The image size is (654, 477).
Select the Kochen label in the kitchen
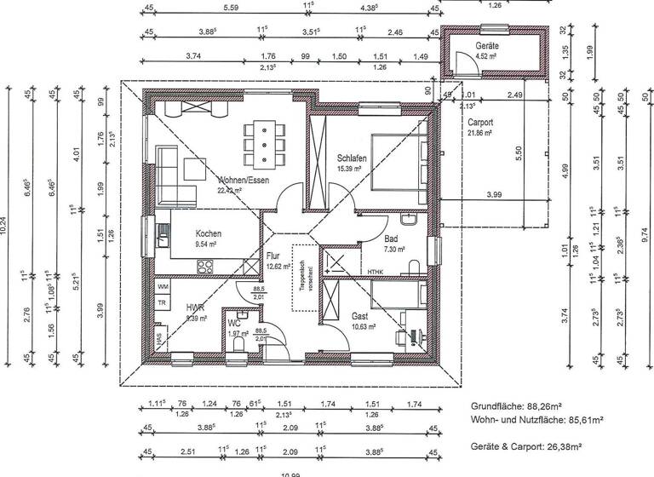point(209,234)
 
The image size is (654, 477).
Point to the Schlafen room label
point(352,159)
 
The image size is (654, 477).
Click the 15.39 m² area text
point(351,170)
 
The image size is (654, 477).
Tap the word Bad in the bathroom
point(391,240)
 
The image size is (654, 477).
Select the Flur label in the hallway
point(272,256)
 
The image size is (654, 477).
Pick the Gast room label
point(359,315)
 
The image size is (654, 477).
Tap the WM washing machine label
point(162,287)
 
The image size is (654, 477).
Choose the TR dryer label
point(161,302)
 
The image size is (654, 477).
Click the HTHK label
point(377,272)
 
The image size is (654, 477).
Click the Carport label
point(482,123)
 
